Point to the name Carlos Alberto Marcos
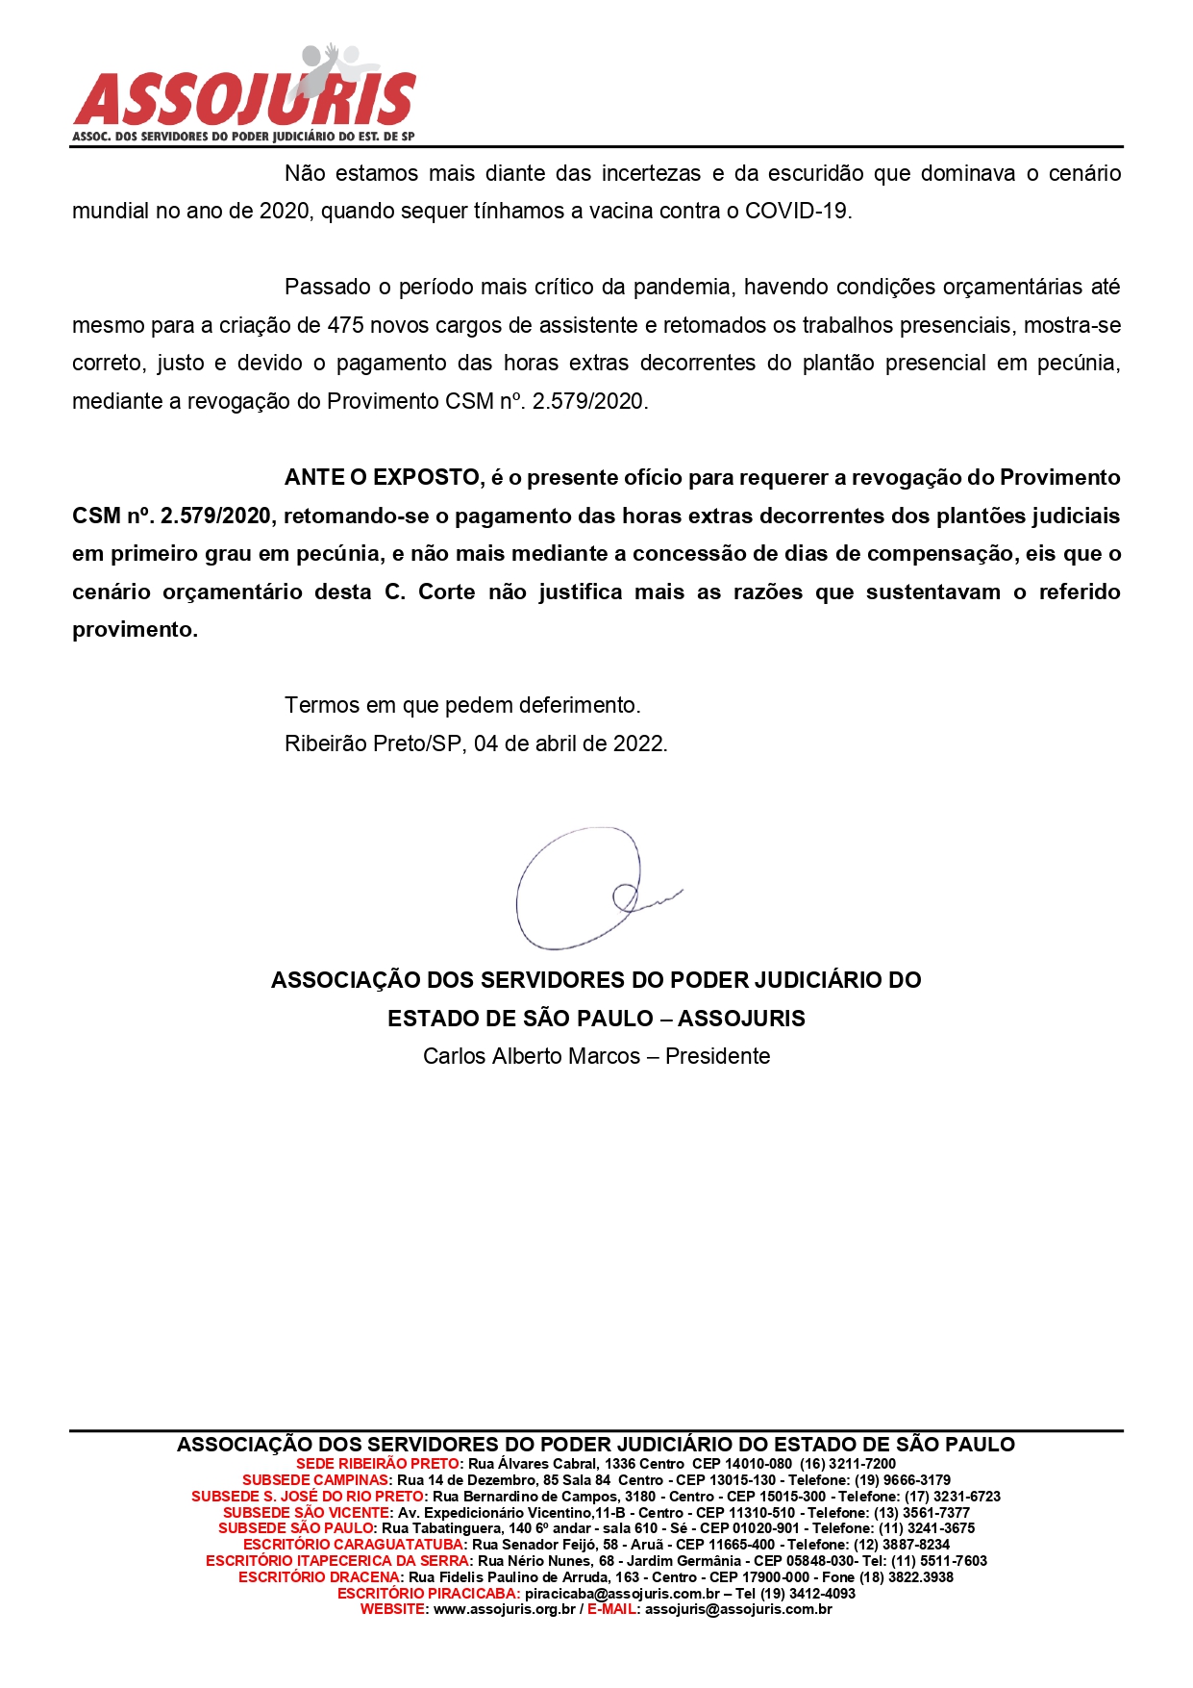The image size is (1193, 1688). [x=531, y=1056]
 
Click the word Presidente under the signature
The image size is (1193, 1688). [x=717, y=1056]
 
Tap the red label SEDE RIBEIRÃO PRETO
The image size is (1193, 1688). [x=378, y=1464]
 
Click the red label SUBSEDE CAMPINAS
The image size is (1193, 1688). [x=316, y=1480]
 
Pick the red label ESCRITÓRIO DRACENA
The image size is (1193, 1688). [x=319, y=1577]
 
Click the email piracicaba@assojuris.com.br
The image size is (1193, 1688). [x=622, y=1594]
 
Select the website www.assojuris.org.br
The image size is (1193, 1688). [x=504, y=1609]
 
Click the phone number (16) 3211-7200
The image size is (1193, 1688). [x=847, y=1464]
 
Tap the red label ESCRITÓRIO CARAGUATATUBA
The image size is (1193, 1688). [x=354, y=1545]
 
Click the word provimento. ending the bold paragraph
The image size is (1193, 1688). [x=135, y=630]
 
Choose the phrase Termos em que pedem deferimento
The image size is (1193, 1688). [x=462, y=705]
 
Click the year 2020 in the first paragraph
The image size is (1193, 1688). [x=284, y=211]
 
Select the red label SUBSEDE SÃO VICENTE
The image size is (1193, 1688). [x=307, y=1513]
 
